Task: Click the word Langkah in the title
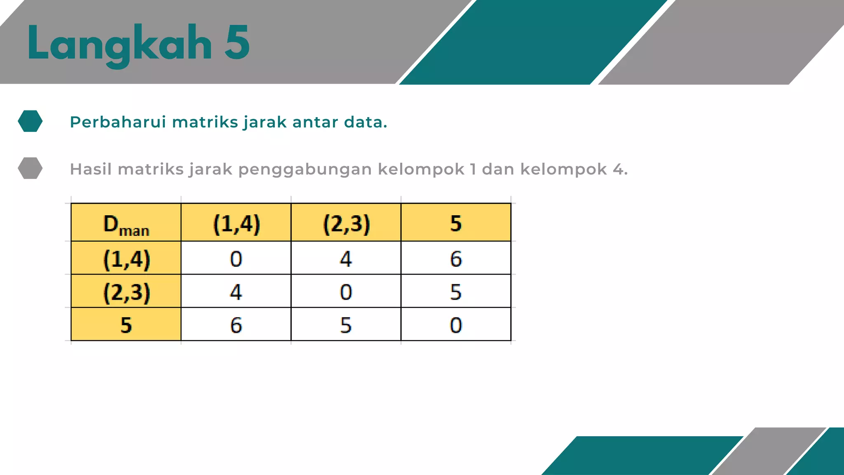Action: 120,43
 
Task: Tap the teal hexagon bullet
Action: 30,121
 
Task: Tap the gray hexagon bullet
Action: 30,168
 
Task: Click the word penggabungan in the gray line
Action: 305,169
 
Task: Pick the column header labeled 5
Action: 456,223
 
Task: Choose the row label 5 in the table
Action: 126,325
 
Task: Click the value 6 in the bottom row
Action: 236,325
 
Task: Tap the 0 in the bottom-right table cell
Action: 456,325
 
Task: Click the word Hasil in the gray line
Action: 91,169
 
